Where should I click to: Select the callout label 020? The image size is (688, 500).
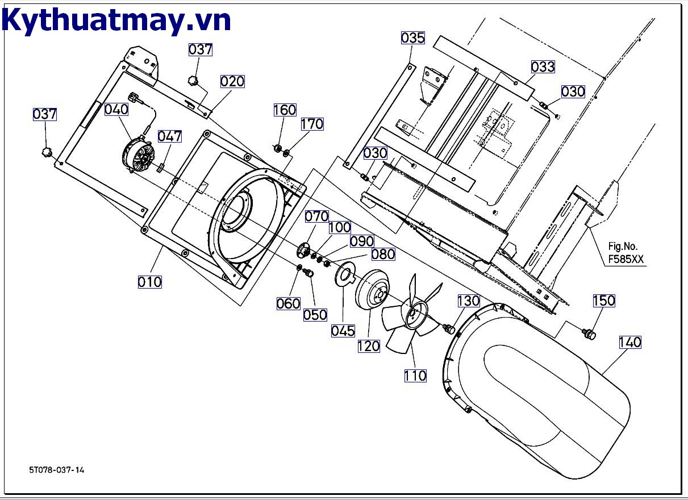[x=232, y=81]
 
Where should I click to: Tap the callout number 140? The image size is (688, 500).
[x=629, y=342]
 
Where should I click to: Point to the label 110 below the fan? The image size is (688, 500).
[x=415, y=376]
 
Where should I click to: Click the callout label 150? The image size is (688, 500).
[x=604, y=301]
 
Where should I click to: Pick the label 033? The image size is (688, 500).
[x=543, y=66]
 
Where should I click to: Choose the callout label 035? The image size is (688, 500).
[x=412, y=38]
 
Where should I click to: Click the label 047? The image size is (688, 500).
[x=169, y=136]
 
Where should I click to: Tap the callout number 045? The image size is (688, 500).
[x=343, y=331]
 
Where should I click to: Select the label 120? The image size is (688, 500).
[x=368, y=345]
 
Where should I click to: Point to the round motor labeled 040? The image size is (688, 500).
[x=138, y=156]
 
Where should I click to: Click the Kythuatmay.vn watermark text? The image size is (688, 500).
[x=116, y=20]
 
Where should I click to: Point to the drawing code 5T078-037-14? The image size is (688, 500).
[x=57, y=470]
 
